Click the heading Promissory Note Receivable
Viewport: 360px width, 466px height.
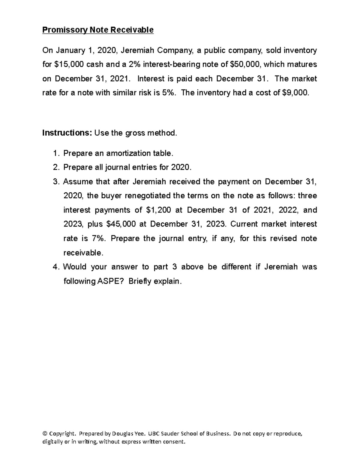click(x=98, y=30)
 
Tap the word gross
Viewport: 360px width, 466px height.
click(x=135, y=133)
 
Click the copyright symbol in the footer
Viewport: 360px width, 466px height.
click(x=45, y=434)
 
